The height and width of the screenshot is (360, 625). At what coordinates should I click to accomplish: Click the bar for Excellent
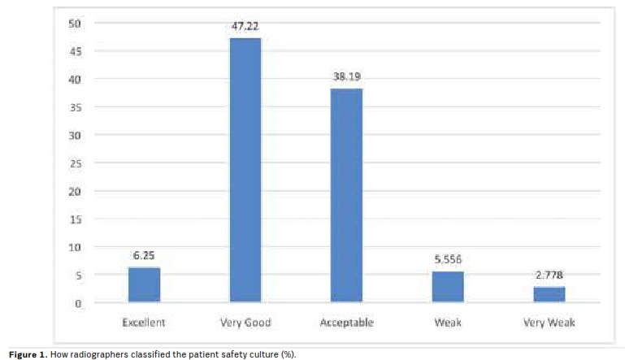144,284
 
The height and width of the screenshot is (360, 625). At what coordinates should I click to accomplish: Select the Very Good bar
245,171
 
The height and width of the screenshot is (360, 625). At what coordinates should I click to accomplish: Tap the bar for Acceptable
346,196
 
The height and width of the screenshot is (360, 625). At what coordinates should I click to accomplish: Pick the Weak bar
447,287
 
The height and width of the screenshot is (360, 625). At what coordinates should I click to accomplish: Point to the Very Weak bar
549,294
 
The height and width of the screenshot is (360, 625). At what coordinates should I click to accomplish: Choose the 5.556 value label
447,260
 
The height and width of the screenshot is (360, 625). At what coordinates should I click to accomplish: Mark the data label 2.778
549,275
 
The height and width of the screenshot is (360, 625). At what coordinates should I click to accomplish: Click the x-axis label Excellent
144,323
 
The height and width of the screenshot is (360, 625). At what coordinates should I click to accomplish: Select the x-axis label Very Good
245,323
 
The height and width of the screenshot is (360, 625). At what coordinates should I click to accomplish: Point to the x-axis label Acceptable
346,323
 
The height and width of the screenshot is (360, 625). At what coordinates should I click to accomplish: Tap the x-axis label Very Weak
549,323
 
